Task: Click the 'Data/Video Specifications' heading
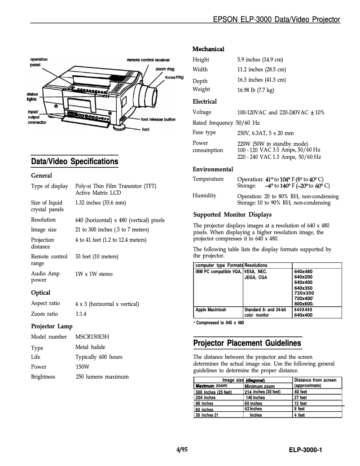pyautogui.click(x=75, y=161)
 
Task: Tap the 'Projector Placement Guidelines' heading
pyautogui.click(x=247, y=343)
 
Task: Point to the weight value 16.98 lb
pyautogui.click(x=255, y=90)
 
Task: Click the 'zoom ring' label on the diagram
pyautogui.click(x=165, y=69)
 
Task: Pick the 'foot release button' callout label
pyautogui.click(x=158, y=120)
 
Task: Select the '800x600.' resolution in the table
pyautogui.click(x=303, y=304)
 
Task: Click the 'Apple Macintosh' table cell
pyautogui.click(x=211, y=309)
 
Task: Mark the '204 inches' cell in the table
pyautogui.click(x=206, y=397)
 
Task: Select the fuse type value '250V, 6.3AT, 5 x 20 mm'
pyautogui.click(x=265, y=133)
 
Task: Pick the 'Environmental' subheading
pyautogui.click(x=213, y=169)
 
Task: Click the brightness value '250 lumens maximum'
pyautogui.click(x=102, y=377)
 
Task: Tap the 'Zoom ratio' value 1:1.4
pyautogui.click(x=81, y=314)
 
